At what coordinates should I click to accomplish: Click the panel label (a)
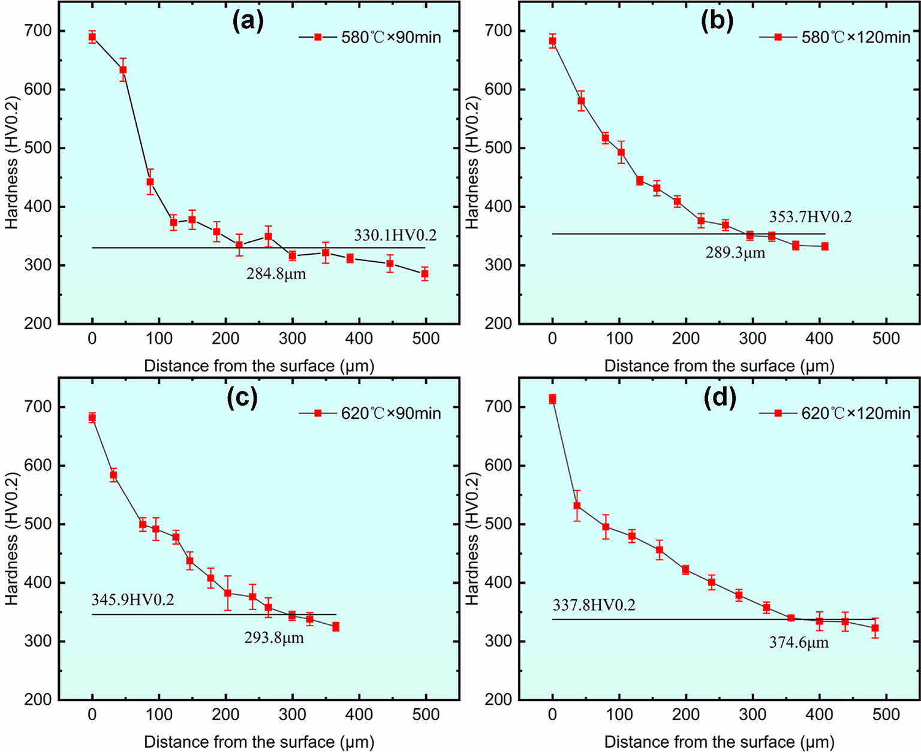[248, 22]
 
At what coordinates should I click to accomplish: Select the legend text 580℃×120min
[856, 38]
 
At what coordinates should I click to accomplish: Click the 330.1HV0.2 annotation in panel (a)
[395, 235]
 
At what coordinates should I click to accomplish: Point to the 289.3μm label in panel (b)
[735, 253]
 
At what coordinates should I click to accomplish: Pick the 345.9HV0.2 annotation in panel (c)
[133, 600]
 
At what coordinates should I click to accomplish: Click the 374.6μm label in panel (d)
[799, 643]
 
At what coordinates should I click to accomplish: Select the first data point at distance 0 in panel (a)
[92, 37]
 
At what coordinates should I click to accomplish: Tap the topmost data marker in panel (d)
[552, 399]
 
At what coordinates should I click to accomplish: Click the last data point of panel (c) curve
[336, 627]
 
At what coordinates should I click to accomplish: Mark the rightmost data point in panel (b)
[825, 246]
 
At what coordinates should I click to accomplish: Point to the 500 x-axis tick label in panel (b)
[886, 339]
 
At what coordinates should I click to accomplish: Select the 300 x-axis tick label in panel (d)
[753, 715]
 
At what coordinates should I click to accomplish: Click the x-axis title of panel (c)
[260, 742]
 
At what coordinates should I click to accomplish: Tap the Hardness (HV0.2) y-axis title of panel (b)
[472, 162]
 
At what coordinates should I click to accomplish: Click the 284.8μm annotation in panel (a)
[276, 274]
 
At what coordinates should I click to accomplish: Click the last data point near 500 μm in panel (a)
[425, 274]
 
